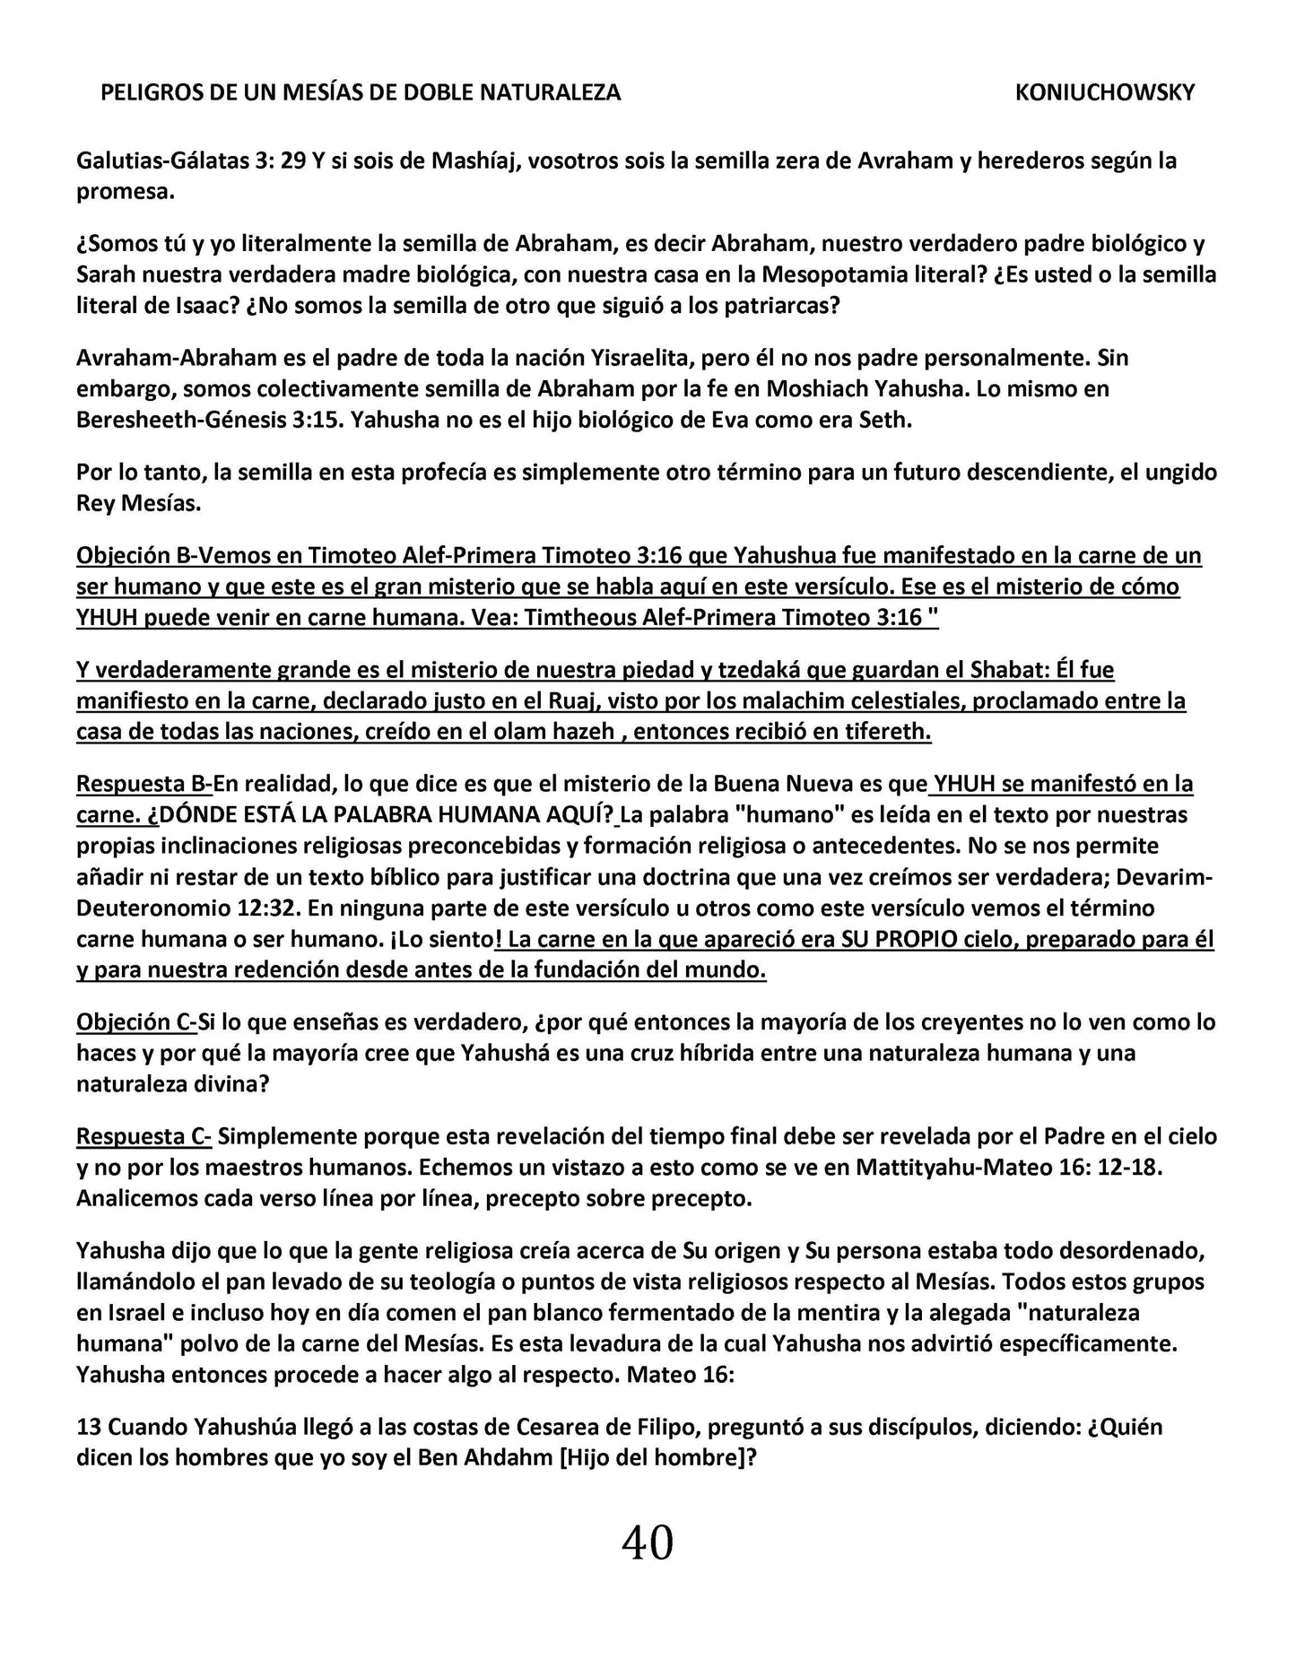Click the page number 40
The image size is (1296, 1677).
pos(647,1543)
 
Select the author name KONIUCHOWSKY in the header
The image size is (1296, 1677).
pos(1104,92)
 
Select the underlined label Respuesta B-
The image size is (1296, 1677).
pos(144,784)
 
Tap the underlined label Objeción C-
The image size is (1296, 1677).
pos(136,1021)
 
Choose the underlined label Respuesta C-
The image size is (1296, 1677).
pos(144,1136)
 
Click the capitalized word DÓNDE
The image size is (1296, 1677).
pos(200,815)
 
